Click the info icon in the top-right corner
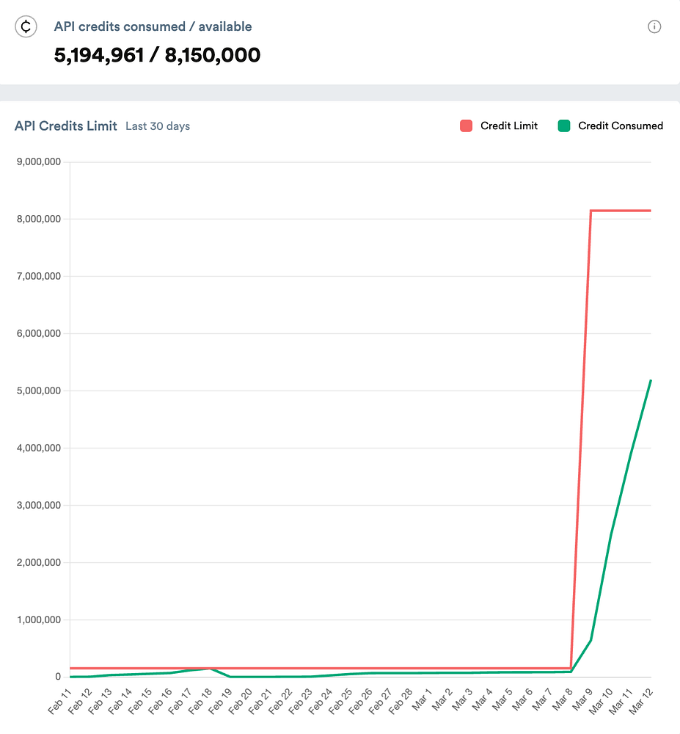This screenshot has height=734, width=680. click(654, 27)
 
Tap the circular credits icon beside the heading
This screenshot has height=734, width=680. click(26, 27)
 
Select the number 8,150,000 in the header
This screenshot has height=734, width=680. click(213, 55)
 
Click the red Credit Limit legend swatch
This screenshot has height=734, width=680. click(466, 126)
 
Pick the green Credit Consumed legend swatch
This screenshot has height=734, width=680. click(563, 126)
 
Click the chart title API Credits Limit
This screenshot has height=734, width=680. click(66, 126)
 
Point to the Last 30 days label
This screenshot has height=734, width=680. click(158, 126)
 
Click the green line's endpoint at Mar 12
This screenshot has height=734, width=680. click(651, 380)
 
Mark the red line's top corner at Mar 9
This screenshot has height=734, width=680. click(591, 211)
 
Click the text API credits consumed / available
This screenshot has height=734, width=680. click(153, 26)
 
